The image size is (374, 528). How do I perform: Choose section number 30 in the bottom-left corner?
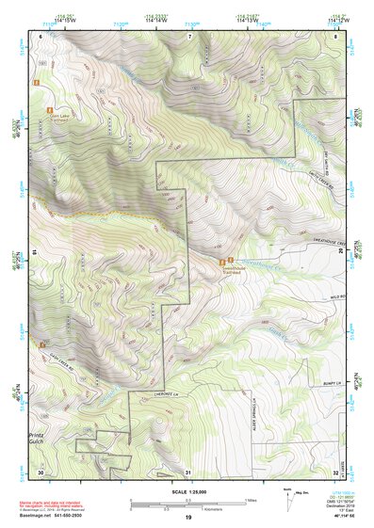point(41,472)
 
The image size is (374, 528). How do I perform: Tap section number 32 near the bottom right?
point(335,472)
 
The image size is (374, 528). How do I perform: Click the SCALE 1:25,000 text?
point(187,492)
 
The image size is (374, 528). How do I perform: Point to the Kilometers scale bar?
point(187,509)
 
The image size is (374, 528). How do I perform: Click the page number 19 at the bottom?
point(187,519)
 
